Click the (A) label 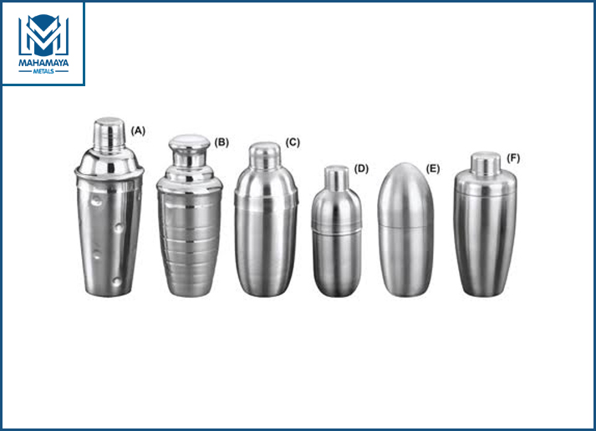click(x=138, y=131)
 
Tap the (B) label click(x=222, y=142)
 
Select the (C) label click(x=293, y=142)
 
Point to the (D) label click(x=361, y=168)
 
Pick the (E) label click(x=432, y=168)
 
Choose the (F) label click(x=513, y=158)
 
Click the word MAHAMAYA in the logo click(x=43, y=63)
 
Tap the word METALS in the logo click(x=43, y=71)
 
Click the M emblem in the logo click(x=43, y=36)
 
